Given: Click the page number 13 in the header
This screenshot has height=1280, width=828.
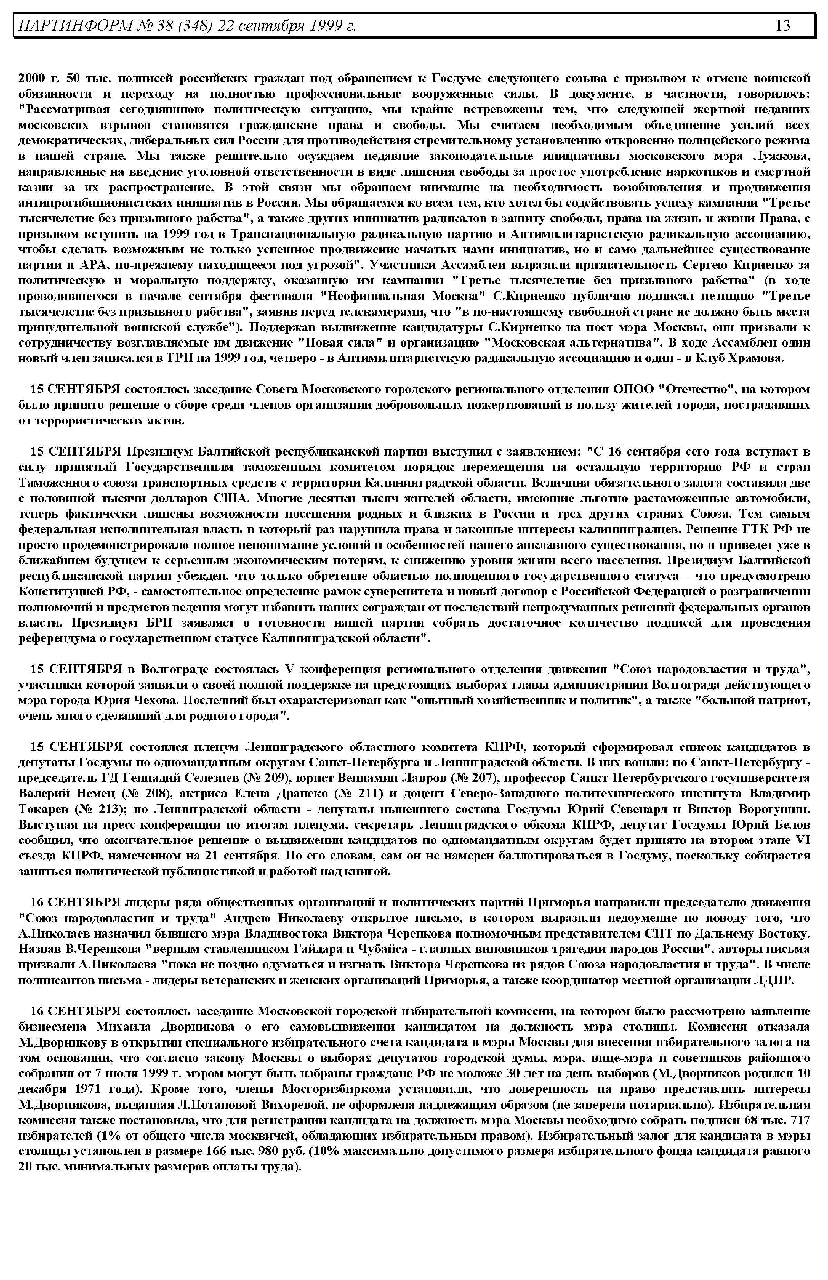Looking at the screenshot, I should click(x=783, y=25).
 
